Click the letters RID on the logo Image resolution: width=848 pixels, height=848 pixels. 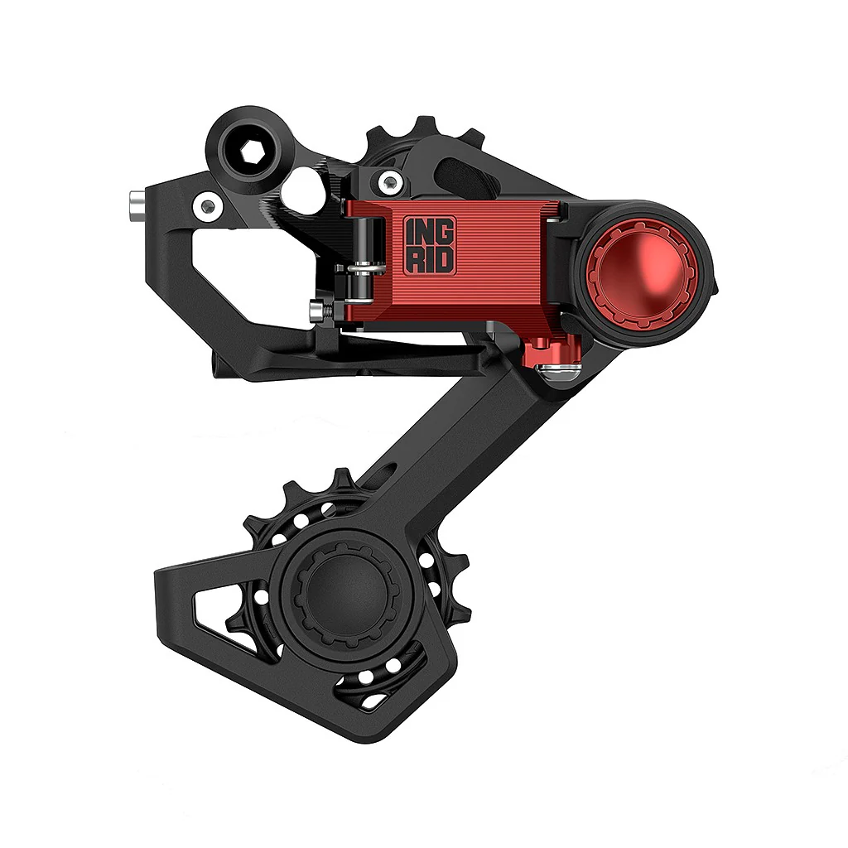click(429, 259)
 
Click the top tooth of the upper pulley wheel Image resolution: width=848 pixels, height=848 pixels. click(424, 124)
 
